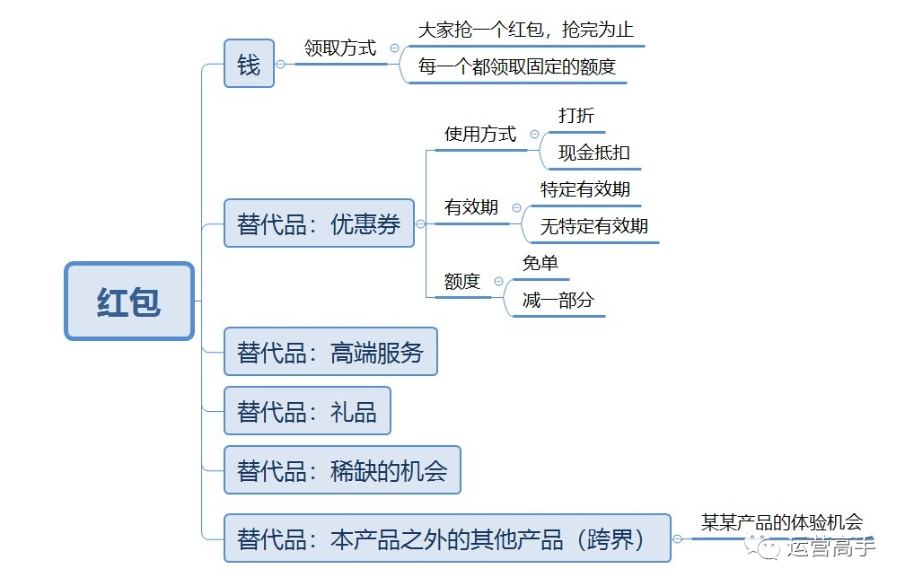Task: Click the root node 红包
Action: pos(129,301)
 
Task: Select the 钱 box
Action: pos(249,64)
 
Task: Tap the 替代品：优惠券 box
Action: pos(320,223)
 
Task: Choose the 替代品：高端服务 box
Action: pos(330,351)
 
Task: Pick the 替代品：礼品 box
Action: pos(308,411)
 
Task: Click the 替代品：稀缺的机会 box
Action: pos(342,470)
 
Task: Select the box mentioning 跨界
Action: pos(447,538)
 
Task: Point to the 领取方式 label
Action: pos(340,48)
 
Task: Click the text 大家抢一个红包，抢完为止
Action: pos(526,30)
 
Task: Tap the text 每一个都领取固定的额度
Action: pos(517,67)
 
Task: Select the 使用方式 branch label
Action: pos(480,135)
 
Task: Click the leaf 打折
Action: pos(576,116)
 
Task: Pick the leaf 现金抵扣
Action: pos(594,153)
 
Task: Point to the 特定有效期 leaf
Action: pos(584,189)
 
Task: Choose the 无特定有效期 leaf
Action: pos(594,226)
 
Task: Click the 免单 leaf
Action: pos(540,263)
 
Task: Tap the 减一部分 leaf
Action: pos(558,300)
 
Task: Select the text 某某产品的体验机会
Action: pos(782,522)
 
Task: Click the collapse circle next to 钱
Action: pos(280,64)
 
